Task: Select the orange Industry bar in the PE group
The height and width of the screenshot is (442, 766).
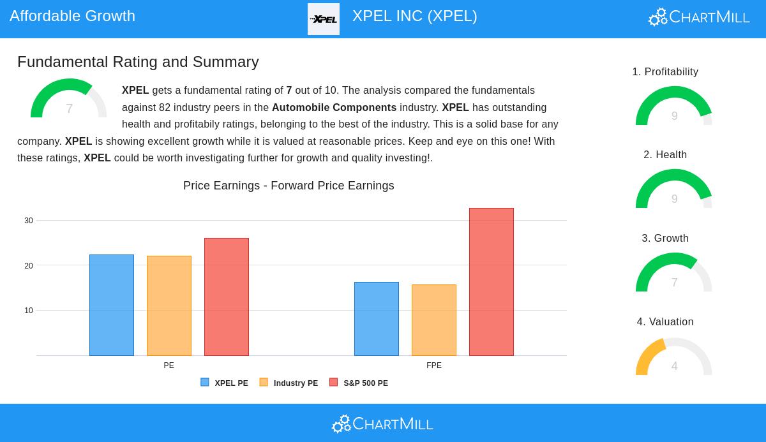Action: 169,306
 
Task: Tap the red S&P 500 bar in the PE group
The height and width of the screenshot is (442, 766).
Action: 227,297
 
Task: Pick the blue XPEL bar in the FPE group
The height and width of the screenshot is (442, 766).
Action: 377,319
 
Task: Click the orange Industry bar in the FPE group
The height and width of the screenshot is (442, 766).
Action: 434,320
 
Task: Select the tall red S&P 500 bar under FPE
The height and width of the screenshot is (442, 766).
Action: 492,282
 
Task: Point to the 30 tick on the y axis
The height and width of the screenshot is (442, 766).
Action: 29,221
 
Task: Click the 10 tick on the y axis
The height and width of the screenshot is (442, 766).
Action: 29,311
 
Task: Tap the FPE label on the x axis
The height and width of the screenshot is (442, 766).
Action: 434,365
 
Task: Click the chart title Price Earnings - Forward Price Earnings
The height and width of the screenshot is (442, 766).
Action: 289,186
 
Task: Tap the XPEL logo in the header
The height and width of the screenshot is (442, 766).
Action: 324,19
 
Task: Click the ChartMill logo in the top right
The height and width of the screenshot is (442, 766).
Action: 699,17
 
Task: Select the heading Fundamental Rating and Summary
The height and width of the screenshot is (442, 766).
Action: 138,62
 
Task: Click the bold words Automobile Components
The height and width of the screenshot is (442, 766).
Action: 334,108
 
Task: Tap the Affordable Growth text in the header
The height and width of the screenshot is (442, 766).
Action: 73,16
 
